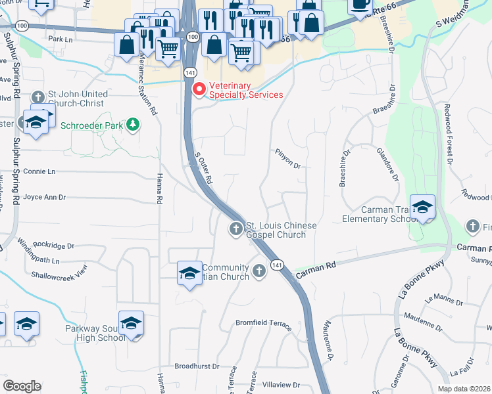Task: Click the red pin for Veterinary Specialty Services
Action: [197, 89]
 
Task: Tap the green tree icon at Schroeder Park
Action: [133, 124]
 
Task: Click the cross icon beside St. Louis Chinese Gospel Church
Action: [235, 229]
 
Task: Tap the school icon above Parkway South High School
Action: [131, 324]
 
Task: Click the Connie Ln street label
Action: [39, 171]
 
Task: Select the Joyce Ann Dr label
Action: [45, 197]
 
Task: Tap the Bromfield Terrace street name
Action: [263, 324]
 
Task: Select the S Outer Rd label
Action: [204, 169]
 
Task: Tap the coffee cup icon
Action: [360, 5]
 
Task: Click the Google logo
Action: [22, 386]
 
